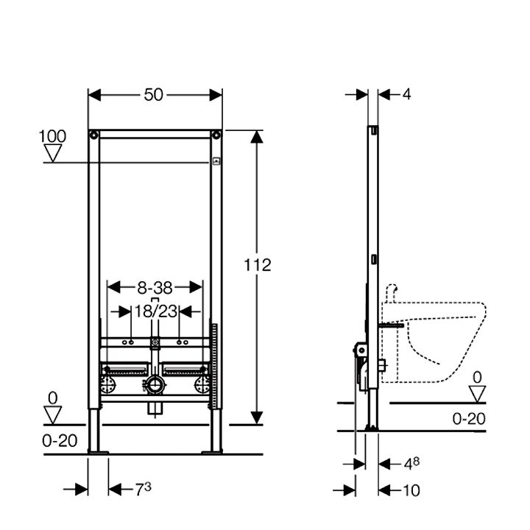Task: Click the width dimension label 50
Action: coord(153,95)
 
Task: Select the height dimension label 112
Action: coord(257,265)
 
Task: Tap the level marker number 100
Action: coord(52,136)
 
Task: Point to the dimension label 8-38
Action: coord(155,288)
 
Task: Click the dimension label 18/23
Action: coord(155,311)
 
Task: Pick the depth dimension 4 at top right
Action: coord(406,94)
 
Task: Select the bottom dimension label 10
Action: coord(411,490)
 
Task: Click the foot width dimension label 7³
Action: coord(143,489)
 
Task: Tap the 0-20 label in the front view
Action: coord(60,441)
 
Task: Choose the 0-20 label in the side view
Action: coord(469,419)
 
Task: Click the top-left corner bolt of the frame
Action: coord(93,135)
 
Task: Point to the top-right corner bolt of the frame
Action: coord(216,135)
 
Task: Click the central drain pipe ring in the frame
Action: coord(155,385)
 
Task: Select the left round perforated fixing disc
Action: coord(108,385)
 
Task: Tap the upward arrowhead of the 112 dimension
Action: coord(257,137)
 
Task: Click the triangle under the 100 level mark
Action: coord(53,153)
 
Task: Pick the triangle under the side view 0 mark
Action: coord(477,394)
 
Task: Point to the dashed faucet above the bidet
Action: coord(391,293)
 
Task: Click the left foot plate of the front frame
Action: coord(98,452)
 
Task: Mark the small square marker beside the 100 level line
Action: coord(216,161)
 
